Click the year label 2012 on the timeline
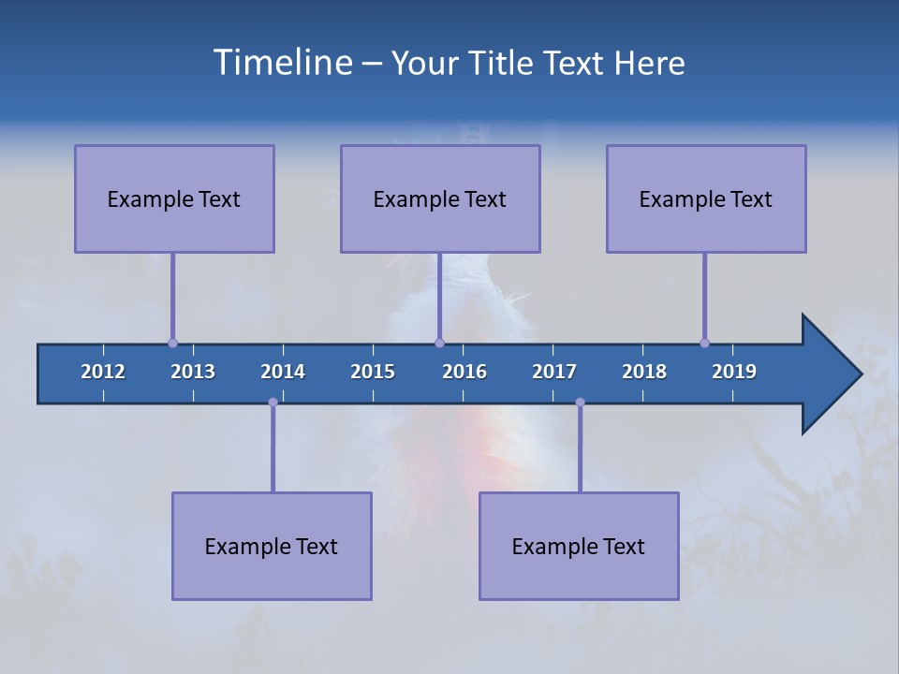pyautogui.click(x=103, y=372)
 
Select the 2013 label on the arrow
pyautogui.click(x=193, y=372)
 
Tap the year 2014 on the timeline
pyautogui.click(x=283, y=372)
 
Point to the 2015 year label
pyautogui.click(x=373, y=372)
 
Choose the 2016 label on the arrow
pyautogui.click(x=464, y=372)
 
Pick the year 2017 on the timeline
pyautogui.click(x=554, y=372)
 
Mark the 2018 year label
pyautogui.click(x=644, y=372)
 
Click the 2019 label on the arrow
pyautogui.click(x=734, y=372)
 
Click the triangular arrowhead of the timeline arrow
pyautogui.click(x=829, y=374)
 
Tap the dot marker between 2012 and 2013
pyautogui.click(x=172, y=343)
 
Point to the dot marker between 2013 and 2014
pyautogui.click(x=273, y=402)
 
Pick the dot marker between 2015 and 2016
pyautogui.click(x=439, y=343)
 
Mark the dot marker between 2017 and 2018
pyautogui.click(x=580, y=402)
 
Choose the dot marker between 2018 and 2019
pyautogui.click(x=704, y=343)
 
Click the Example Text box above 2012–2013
pyautogui.click(x=174, y=198)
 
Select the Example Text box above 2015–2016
pyautogui.click(x=440, y=198)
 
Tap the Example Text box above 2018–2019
pyautogui.click(x=706, y=198)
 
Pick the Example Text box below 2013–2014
pyautogui.click(x=272, y=546)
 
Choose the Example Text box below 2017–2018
pyautogui.click(x=579, y=546)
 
